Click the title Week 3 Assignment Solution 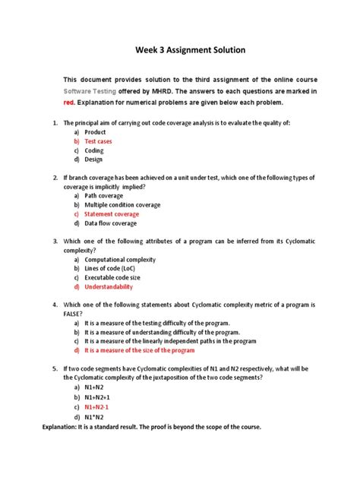pyautogui.click(x=180, y=51)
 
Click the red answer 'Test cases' pyautogui.click(x=99, y=141)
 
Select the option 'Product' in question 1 pyautogui.click(x=95, y=132)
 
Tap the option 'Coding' pyautogui.click(x=95, y=150)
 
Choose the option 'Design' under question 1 pyautogui.click(x=95, y=159)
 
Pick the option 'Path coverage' pyautogui.click(x=104, y=195)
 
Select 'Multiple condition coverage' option pyautogui.click(x=122, y=204)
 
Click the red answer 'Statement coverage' pyautogui.click(x=112, y=214)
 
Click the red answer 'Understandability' pyautogui.click(x=109, y=287)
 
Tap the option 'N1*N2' pyautogui.click(x=95, y=417)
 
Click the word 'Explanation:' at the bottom pyautogui.click(x=62, y=427)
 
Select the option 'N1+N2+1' pyautogui.click(x=98, y=396)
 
